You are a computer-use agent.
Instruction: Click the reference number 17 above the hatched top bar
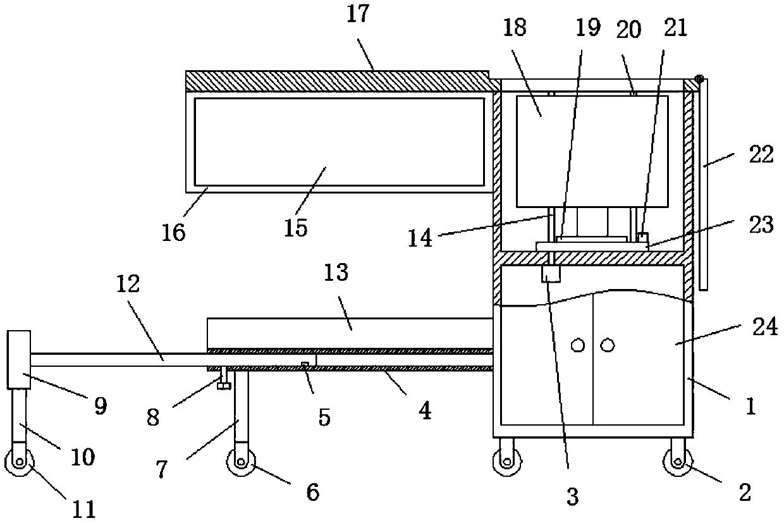357,14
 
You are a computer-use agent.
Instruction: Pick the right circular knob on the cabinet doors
607,345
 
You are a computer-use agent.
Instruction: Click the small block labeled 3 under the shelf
551,274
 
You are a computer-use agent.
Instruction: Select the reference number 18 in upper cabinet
515,29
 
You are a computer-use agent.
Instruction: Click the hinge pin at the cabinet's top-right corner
699,80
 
